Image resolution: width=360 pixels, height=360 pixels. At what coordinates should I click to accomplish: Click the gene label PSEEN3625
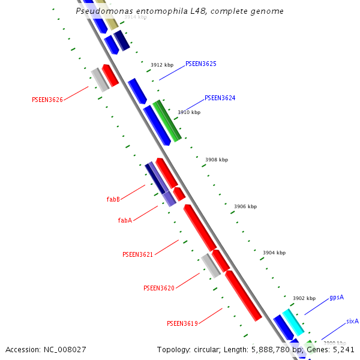[200, 64]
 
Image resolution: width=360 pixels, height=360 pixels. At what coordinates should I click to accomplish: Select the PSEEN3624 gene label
[220, 98]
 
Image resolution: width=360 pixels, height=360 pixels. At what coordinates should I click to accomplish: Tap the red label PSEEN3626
[47, 100]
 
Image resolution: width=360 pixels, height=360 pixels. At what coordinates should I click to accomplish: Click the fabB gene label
[113, 199]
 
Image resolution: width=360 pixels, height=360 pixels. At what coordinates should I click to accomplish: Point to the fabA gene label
[125, 220]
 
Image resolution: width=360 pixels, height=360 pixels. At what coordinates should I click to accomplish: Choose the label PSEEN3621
[138, 254]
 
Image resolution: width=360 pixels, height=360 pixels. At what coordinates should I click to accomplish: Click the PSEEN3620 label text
[159, 288]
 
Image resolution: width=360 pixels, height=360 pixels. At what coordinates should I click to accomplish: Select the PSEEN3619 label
[182, 323]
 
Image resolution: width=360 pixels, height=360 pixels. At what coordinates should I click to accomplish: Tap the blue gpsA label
[336, 298]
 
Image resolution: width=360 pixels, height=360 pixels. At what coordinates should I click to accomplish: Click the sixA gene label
[352, 322]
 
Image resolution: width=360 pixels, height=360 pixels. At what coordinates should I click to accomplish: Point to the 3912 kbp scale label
[162, 65]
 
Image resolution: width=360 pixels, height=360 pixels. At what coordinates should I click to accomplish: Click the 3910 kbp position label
[189, 112]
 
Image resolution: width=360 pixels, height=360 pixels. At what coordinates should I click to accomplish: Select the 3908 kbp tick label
[217, 160]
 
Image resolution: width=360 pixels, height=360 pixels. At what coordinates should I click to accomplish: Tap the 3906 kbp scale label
[245, 206]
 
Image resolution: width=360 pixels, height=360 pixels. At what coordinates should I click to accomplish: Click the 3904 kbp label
[274, 253]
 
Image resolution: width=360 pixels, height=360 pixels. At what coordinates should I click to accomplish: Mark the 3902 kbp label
[304, 298]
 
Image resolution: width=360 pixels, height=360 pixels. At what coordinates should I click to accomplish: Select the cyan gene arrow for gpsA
[293, 322]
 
